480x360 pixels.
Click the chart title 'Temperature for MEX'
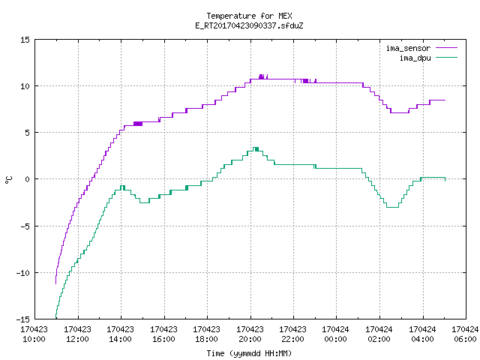pyautogui.click(x=249, y=16)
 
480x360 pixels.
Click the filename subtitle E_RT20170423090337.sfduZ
pyautogui.click(x=249, y=25)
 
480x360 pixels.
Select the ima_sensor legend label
pyautogui.click(x=408, y=48)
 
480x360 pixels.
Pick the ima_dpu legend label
pyautogui.click(x=415, y=58)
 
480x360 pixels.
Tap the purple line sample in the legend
pyautogui.click(x=446, y=48)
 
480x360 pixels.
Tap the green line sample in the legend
pyautogui.click(x=446, y=58)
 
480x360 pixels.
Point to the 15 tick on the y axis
pyautogui.click(x=25, y=40)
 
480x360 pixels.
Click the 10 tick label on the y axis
pyautogui.click(x=25, y=86)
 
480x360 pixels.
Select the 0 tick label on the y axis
pyautogui.click(x=28, y=179)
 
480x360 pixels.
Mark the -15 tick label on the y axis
pyautogui.click(x=23, y=319)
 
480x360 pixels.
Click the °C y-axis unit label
pyautogui.click(x=9, y=180)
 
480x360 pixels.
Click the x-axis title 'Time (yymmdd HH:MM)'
pyautogui.click(x=249, y=353)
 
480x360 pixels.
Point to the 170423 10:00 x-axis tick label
pyautogui.click(x=34, y=334)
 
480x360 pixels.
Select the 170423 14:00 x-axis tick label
pyautogui.click(x=120, y=334)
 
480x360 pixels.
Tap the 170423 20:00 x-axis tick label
pyautogui.click(x=250, y=334)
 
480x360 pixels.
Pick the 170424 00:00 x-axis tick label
pyautogui.click(x=335, y=334)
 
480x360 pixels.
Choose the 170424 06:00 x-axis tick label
pyautogui.click(x=465, y=334)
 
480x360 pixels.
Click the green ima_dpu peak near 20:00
pyautogui.click(x=256, y=148)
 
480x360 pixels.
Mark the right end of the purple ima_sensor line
pyautogui.click(x=445, y=100)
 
